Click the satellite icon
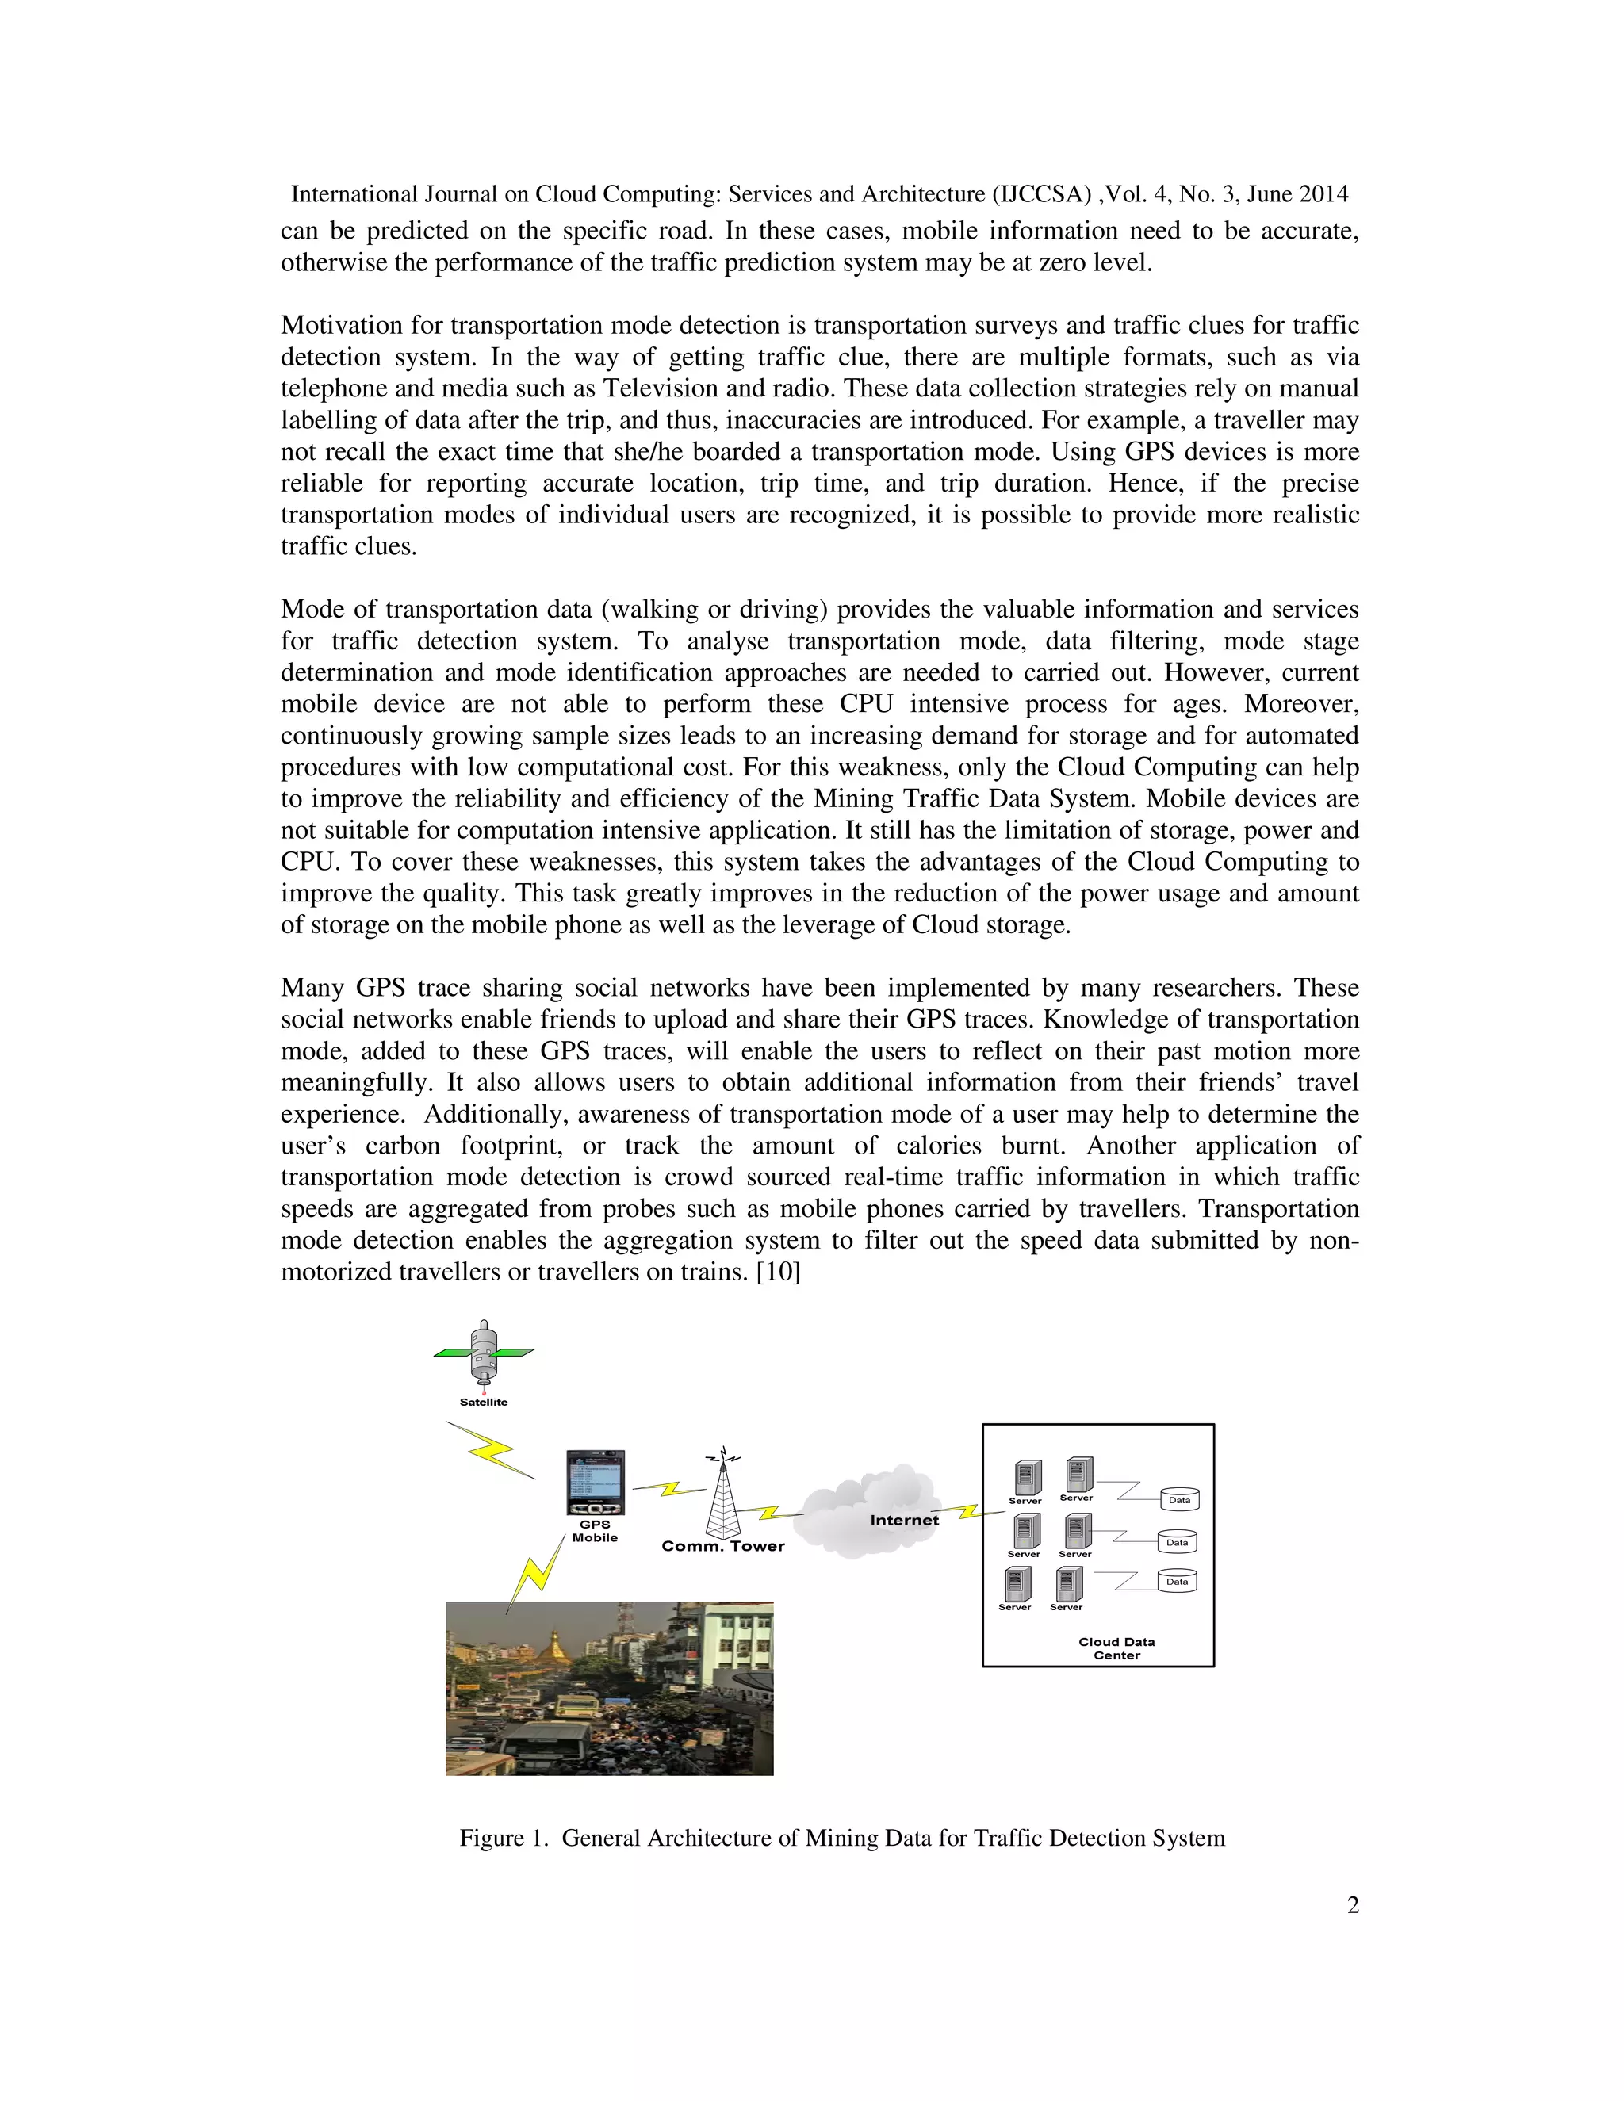pyautogui.click(x=484, y=1353)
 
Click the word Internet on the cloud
pyautogui.click(x=903, y=1521)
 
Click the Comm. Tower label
pyautogui.click(x=722, y=1547)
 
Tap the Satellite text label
pyautogui.click(x=483, y=1402)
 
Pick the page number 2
pyautogui.click(x=1352, y=1904)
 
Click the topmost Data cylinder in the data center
pyautogui.click(x=1179, y=1500)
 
